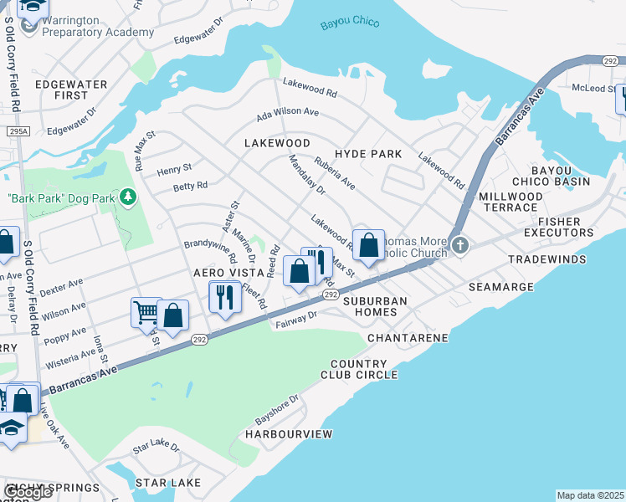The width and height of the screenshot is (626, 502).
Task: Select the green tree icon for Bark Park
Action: (127, 197)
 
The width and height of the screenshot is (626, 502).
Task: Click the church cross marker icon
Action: (459, 245)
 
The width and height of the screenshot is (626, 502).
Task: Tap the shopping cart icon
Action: (145, 313)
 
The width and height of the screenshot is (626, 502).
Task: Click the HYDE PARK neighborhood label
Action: (368, 154)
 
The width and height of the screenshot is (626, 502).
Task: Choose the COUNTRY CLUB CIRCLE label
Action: (363, 369)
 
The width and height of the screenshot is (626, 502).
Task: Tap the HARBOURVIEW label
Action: (289, 434)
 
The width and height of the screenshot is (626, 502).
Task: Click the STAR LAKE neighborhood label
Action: (168, 483)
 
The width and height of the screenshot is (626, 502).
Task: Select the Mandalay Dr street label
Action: (306, 175)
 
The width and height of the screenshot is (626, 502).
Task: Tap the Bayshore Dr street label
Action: (271, 409)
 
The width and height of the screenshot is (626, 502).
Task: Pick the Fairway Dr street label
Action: (297, 319)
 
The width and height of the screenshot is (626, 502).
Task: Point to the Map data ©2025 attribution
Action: (590, 495)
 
